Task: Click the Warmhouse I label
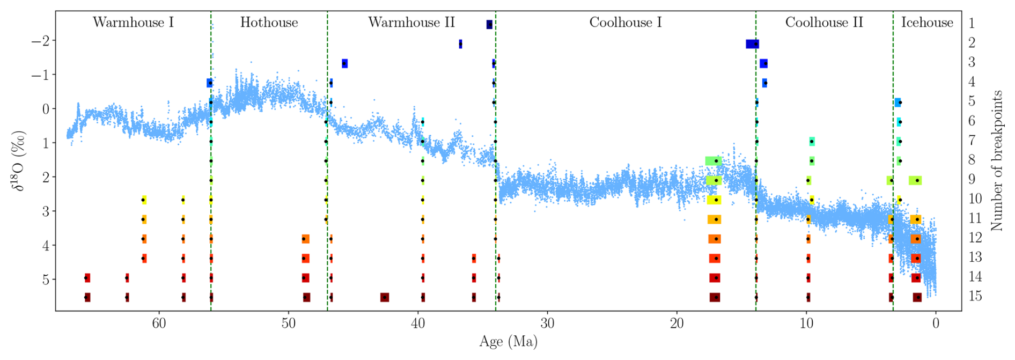tap(133, 23)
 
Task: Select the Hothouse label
tap(269, 23)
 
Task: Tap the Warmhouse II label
tap(411, 23)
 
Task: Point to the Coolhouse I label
tap(626, 23)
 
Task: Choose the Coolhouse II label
tap(824, 23)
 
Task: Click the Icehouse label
tap(927, 23)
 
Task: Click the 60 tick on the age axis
tap(159, 324)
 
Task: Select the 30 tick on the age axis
tap(547, 324)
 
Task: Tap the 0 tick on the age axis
tap(936, 324)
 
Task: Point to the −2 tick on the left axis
tap(41, 41)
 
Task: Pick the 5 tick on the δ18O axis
tap(45, 280)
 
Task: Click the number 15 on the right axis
tap(975, 296)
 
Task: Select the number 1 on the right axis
tap(972, 24)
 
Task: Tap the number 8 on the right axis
tap(972, 160)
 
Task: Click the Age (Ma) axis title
tap(508, 342)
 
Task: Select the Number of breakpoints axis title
tap(997, 160)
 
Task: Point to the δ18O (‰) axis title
tap(20, 160)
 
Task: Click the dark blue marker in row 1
tap(489, 25)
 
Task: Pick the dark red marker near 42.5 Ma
tap(385, 297)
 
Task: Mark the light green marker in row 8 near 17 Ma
tap(714, 161)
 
